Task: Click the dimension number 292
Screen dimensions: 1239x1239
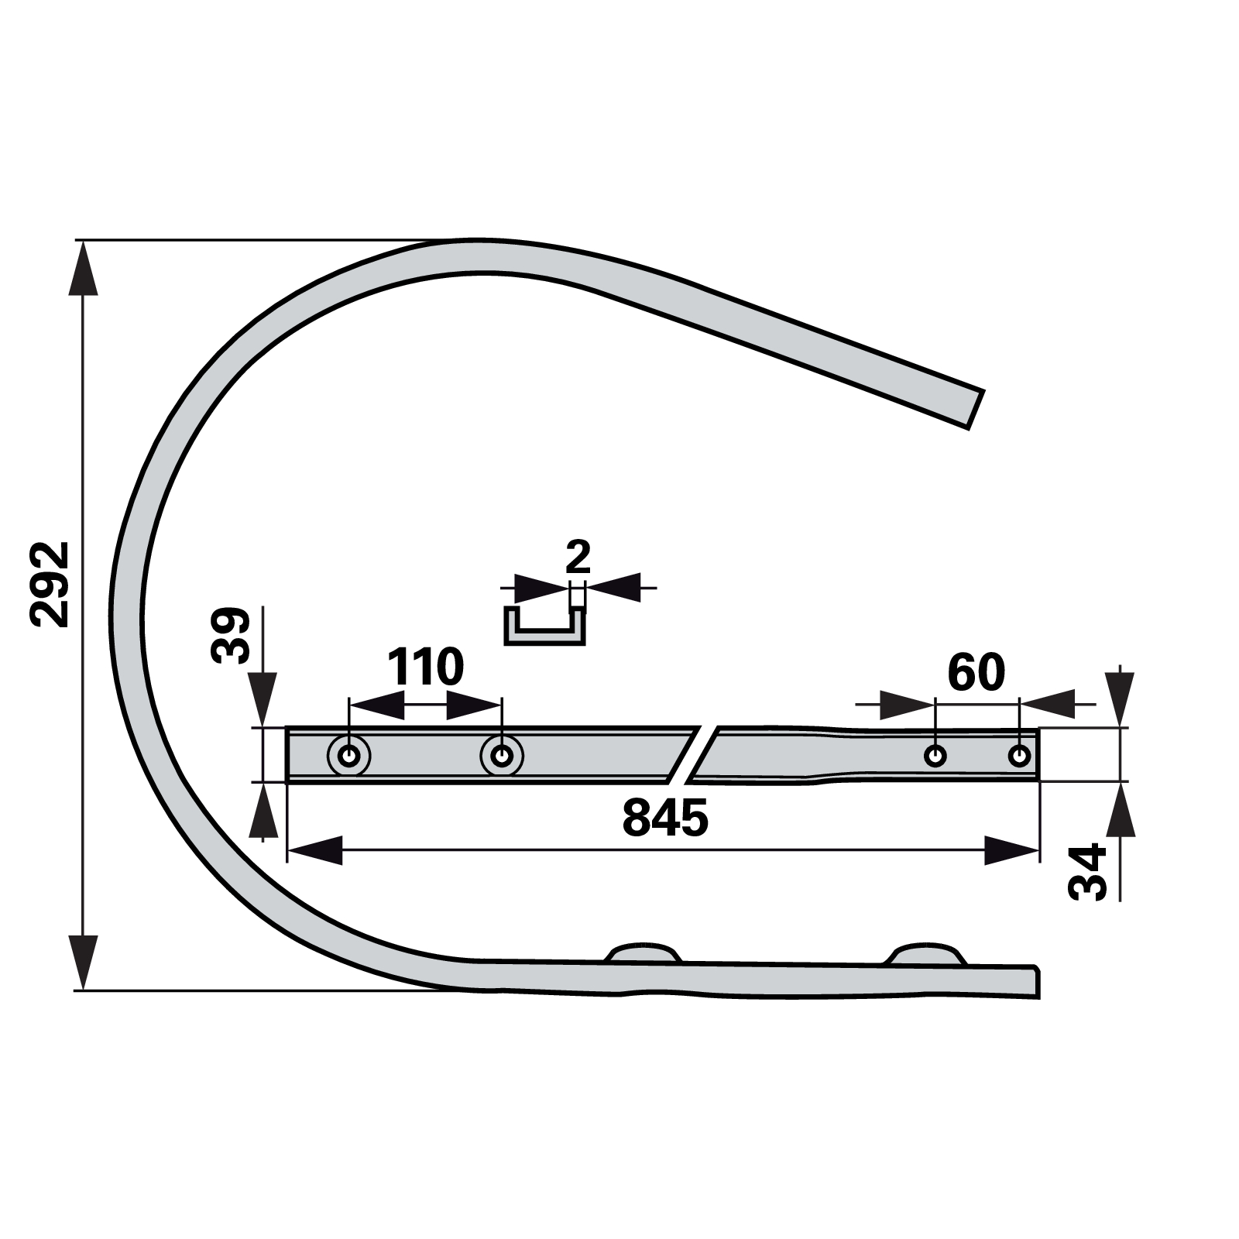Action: [x=50, y=584]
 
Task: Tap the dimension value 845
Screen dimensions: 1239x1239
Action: [x=665, y=818]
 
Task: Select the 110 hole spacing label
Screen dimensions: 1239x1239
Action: [x=425, y=667]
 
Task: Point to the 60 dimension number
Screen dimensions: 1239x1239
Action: [x=976, y=672]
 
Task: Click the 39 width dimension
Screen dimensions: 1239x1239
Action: [x=231, y=635]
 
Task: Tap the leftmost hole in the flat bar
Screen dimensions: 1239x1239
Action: [x=349, y=755]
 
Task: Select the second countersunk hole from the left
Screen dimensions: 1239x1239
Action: [x=502, y=755]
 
